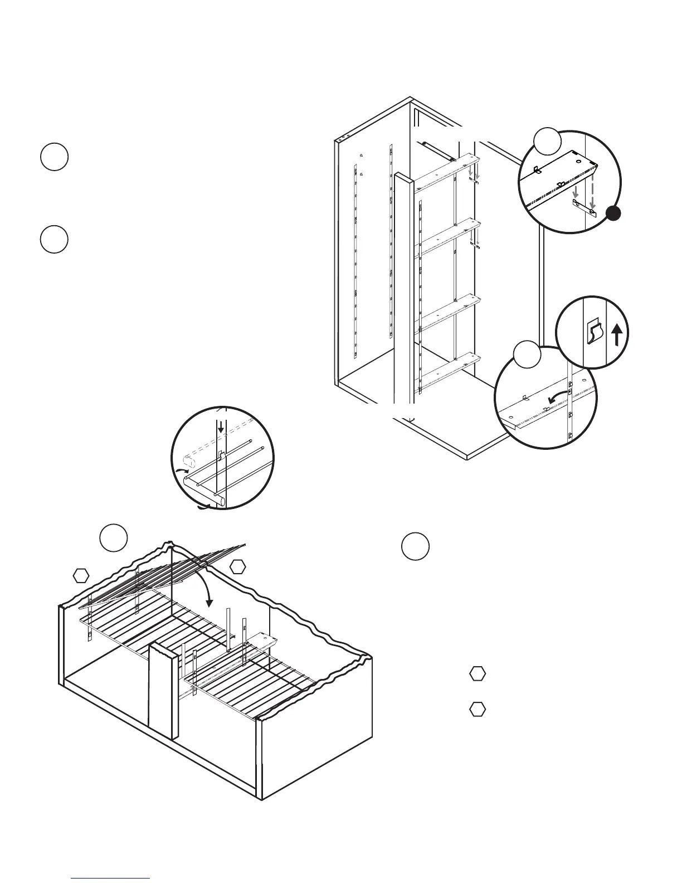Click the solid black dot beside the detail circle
[x=613, y=214]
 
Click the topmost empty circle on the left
[x=54, y=157]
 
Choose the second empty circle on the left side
[x=54, y=240]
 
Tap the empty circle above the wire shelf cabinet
[x=114, y=537]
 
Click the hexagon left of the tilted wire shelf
[x=82, y=575]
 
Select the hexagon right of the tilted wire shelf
[x=238, y=566]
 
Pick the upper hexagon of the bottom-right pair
[x=476, y=673]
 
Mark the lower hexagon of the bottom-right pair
[x=476, y=710]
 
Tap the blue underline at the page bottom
[x=111, y=878]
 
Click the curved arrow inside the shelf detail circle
[x=557, y=397]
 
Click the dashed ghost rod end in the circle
[x=188, y=461]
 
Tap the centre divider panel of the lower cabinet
[x=162, y=691]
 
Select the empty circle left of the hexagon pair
[x=415, y=547]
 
